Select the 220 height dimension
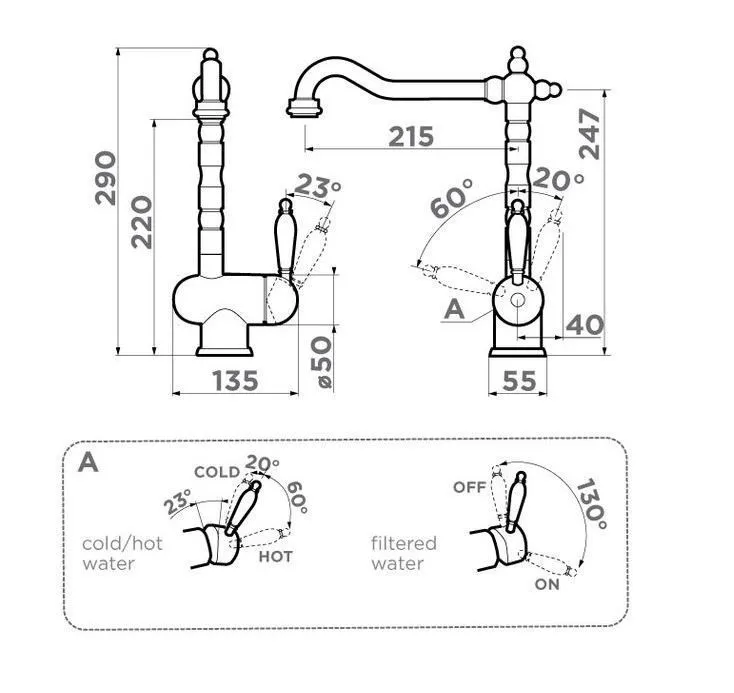141,221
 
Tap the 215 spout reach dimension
411,136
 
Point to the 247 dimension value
589,133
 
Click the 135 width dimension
235,380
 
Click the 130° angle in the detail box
590,500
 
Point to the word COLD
216,471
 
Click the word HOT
275,556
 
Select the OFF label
468,487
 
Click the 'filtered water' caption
404,553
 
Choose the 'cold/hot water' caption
122,553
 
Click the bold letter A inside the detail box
89,462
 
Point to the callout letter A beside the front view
454,310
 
